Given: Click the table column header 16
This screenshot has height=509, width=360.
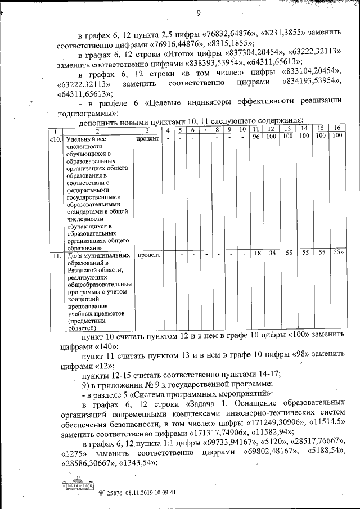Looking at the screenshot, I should click(337, 129).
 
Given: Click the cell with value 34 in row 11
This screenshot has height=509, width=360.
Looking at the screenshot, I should click(271, 254).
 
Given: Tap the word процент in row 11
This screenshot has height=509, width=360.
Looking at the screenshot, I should click(148, 255).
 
